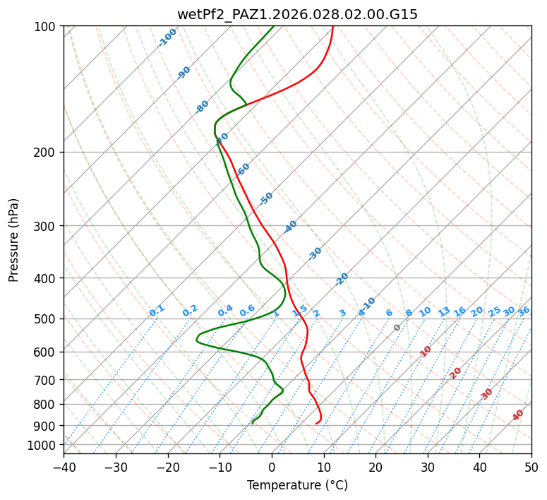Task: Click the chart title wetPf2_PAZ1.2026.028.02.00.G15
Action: pos(297,14)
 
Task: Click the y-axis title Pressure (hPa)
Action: pos(14,240)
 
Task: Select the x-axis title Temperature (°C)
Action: pos(297,485)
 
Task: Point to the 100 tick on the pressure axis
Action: pos(45,27)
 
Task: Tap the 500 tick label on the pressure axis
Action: pos(45,319)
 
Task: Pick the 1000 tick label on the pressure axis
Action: pos(42,446)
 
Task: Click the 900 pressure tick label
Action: pos(45,425)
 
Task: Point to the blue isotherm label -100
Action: pos(167,37)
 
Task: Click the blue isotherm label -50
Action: pos(266,198)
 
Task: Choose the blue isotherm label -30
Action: pos(315,254)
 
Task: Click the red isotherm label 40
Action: pos(518,415)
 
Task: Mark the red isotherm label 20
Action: pos(456,373)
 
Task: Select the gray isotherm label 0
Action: pos(397,328)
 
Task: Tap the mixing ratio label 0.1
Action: pos(157,310)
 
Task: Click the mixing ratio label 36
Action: pos(524,311)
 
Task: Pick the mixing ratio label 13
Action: pos(444,311)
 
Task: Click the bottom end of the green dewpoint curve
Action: pos(252,423)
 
